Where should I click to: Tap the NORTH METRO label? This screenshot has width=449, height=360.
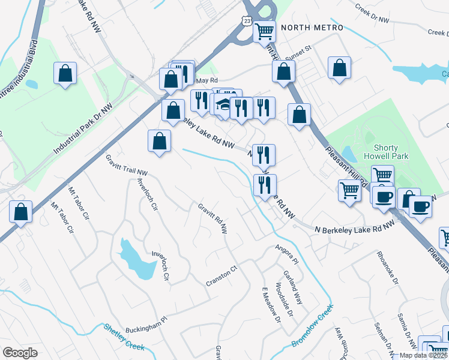point(312,28)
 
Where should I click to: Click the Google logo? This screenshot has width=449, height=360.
point(20,353)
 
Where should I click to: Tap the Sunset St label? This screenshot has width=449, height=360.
point(300,52)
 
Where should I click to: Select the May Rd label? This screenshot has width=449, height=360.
point(205,80)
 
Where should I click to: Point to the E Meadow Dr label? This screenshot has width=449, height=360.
point(271,304)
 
